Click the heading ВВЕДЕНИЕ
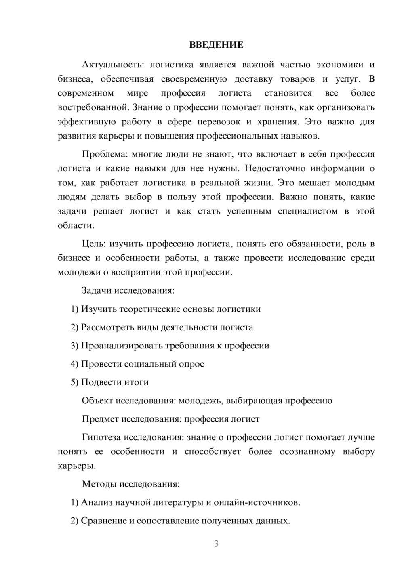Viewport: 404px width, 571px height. point(216,45)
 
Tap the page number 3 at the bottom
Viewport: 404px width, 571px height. point(216,544)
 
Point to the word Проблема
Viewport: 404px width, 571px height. point(104,154)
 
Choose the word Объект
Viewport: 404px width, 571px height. point(97,401)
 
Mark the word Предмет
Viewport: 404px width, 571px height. point(99,419)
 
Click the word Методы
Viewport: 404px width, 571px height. point(99,484)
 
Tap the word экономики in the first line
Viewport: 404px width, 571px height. point(339,65)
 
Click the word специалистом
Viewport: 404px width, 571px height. point(307,211)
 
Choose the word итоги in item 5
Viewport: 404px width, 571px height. point(137,382)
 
